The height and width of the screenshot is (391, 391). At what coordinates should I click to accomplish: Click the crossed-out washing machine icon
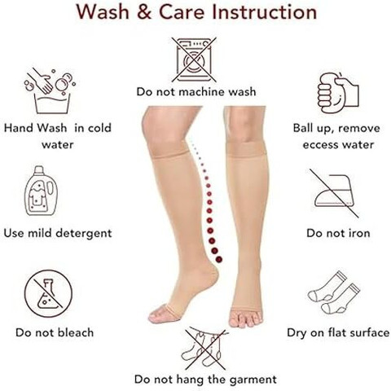pos(194,59)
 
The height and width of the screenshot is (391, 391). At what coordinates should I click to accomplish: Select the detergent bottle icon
pos(41,191)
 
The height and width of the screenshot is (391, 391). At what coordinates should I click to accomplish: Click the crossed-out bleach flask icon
pos(48,294)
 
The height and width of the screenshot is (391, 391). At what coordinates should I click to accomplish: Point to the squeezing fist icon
pos(338,92)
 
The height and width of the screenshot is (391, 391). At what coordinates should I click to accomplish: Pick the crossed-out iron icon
pos(335,193)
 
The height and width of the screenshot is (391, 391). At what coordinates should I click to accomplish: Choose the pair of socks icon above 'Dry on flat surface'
pos(334,292)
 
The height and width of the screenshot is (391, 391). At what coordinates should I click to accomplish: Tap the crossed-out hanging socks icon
pos(204,348)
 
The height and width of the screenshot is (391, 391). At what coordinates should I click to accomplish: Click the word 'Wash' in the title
pos(103,12)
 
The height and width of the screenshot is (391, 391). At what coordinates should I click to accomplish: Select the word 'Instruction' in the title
pos(265,12)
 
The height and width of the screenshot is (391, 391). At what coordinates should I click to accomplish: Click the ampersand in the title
pos(144,12)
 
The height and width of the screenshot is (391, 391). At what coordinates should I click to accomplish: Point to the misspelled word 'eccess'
pos(319,145)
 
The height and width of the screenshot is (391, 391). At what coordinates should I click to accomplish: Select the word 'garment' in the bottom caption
pos(253,380)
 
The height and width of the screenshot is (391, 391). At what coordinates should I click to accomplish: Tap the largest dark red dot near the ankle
pos(219,259)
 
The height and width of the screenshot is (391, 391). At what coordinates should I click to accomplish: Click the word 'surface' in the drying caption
pos(370,332)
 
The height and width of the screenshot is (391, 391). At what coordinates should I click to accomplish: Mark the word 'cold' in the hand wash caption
pos(99,128)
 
